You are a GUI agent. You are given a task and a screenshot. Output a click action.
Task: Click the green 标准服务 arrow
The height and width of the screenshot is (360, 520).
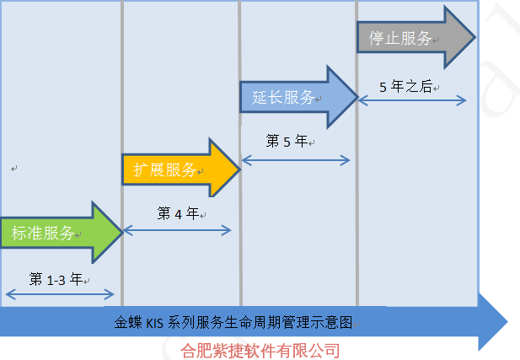pyautogui.click(x=51, y=233)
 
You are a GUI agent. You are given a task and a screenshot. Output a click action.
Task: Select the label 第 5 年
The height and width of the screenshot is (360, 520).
pyautogui.click(x=287, y=142)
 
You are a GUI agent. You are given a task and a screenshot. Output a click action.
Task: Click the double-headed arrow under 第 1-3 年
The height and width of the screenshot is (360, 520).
pyautogui.click(x=59, y=293)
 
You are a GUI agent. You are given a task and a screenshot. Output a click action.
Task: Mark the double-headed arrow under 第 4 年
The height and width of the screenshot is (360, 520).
pyautogui.click(x=177, y=229)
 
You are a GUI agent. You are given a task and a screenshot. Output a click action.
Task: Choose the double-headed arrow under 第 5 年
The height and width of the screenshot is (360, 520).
pyautogui.click(x=295, y=159)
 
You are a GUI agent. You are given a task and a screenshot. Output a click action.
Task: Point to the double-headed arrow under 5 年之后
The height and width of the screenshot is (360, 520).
pyautogui.click(x=413, y=99)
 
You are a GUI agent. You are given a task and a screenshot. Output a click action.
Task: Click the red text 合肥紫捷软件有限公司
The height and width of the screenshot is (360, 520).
pyautogui.click(x=260, y=350)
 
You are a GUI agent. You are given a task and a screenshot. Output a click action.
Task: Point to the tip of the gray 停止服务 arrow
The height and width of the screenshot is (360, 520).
pyautogui.click(x=474, y=37)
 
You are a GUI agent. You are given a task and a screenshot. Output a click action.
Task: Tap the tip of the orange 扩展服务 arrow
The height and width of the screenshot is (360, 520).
pyautogui.click(x=239, y=169)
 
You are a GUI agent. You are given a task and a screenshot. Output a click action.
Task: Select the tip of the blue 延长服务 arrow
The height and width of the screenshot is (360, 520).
pyautogui.click(x=356, y=97)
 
